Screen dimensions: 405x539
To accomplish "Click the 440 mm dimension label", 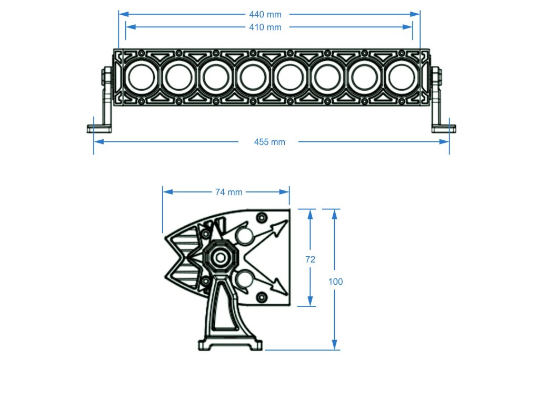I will point(269,15).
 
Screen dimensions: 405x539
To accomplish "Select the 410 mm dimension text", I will point(269,27).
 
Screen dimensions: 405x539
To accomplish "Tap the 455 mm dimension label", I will point(269,142).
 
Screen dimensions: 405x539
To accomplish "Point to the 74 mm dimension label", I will point(228,192).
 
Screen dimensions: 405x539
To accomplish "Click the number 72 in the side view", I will point(310,259).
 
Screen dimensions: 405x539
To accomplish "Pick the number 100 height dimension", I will point(335,282).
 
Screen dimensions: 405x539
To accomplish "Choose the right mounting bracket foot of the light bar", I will point(443,128).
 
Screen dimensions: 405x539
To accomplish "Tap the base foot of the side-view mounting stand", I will point(230,345).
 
